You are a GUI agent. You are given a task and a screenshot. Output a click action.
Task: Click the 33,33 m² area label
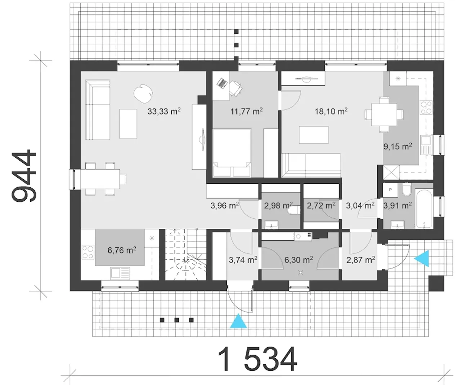164,111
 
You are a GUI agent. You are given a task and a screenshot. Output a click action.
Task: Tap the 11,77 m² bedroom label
246,111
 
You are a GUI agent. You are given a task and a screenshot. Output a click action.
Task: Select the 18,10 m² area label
331,111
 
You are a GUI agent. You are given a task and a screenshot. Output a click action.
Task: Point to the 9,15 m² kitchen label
397,146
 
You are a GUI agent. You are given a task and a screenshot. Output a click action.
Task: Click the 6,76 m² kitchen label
122,250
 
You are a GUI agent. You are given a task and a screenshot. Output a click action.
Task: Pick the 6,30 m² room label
298,260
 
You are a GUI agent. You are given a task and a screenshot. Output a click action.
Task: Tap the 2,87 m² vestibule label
361,260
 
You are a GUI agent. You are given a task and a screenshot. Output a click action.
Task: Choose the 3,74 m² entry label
243,260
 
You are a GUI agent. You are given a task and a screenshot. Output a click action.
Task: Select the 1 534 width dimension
258,359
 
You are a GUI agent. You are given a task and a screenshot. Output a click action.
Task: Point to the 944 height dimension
23,176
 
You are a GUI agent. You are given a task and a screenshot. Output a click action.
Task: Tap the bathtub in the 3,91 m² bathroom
424,208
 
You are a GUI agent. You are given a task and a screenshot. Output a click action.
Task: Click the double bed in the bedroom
232,153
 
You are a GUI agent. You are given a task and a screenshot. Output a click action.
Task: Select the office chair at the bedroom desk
235,88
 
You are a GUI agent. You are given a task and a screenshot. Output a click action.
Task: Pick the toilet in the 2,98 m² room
294,210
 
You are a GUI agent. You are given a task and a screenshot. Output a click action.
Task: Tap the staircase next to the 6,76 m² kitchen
186,254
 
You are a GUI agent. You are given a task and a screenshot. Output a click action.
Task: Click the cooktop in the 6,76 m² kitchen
88,252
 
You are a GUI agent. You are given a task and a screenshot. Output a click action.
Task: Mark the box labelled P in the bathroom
390,190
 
